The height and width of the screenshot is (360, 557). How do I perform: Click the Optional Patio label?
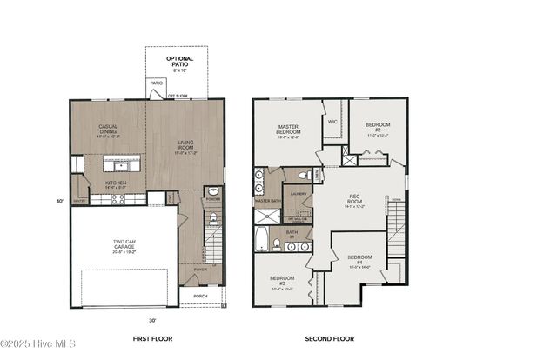pos(181,62)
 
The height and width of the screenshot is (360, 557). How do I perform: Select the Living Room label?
pos(184,147)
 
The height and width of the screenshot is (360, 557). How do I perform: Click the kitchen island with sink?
pos(121,163)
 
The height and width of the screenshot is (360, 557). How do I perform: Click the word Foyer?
pos(201,270)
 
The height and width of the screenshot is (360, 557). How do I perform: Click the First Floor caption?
pos(150,338)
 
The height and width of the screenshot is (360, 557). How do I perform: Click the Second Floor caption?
pos(329,338)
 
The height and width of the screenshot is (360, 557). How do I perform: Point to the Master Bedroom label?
pos(287,130)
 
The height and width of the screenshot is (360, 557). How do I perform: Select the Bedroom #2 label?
pos(378,128)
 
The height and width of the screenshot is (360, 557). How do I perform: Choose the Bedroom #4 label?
pos(359,260)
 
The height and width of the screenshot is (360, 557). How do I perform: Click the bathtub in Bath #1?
pos(263,241)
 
